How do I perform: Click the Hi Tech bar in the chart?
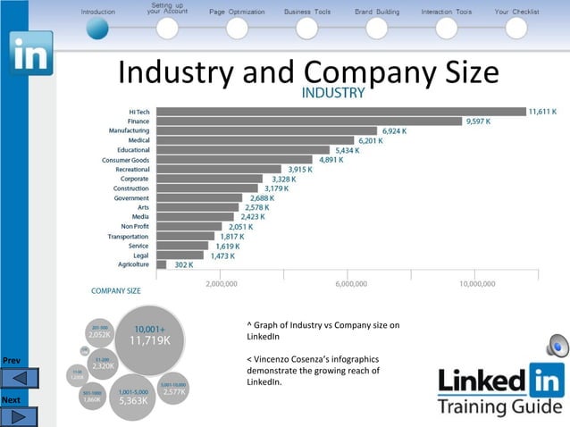(x=340, y=112)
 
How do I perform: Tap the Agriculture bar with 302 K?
(x=161, y=264)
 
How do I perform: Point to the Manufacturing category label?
(x=129, y=130)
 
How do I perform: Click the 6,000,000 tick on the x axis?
(x=350, y=283)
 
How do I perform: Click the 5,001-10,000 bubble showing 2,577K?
(x=173, y=388)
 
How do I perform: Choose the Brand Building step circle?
(x=376, y=29)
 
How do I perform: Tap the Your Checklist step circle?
(x=516, y=29)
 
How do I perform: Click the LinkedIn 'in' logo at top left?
(x=30, y=54)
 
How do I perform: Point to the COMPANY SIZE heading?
(x=115, y=290)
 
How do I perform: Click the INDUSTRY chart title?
(x=332, y=93)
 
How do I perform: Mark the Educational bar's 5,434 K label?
(x=345, y=150)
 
